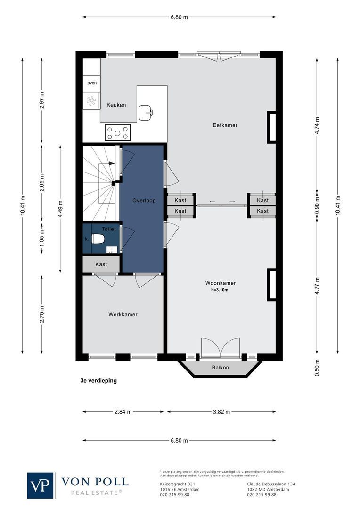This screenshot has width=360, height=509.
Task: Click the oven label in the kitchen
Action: [x=91, y=83]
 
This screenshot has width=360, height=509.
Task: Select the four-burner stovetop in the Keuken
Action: [x=118, y=131]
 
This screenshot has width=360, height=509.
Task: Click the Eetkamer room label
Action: [x=225, y=125]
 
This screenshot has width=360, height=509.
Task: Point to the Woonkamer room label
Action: [x=220, y=283]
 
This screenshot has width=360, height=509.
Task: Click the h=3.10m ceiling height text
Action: [x=220, y=290]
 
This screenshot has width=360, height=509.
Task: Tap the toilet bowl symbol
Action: [x=98, y=239]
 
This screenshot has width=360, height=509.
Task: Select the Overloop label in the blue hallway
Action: [x=144, y=200]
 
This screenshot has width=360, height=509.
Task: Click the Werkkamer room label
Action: [x=123, y=314]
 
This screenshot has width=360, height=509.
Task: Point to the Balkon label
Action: [x=220, y=368]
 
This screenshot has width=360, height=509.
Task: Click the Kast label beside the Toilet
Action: [x=101, y=264]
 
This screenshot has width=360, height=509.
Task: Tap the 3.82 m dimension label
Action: [x=220, y=411]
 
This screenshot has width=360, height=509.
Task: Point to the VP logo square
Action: [x=41, y=485]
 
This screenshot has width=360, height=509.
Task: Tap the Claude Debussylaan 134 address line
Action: [x=271, y=484]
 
